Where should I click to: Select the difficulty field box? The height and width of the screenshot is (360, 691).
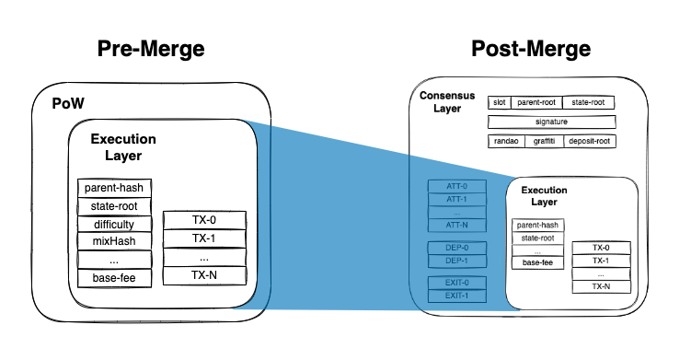114,224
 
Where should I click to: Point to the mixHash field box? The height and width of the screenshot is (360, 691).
114,241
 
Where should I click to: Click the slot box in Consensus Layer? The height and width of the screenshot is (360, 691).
499,103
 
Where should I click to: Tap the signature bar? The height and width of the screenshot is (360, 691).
551,122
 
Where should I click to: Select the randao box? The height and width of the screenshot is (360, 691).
505,141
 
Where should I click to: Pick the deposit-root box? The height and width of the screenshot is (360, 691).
589,141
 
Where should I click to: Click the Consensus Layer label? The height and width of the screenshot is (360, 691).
447,102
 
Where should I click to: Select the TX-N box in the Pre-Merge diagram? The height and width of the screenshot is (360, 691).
204,274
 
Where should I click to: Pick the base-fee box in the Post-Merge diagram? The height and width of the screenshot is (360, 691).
538,262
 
